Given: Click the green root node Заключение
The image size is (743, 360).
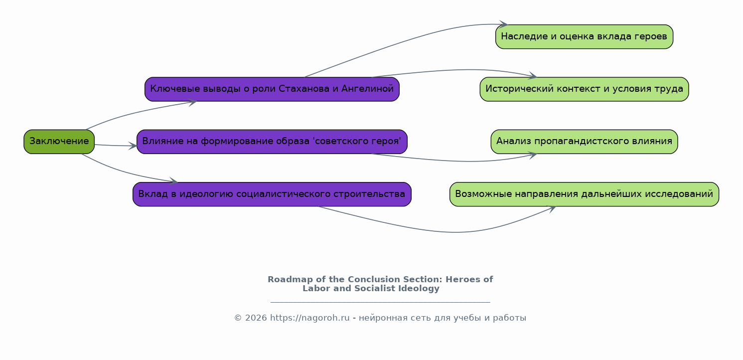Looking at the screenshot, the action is pyautogui.click(x=59, y=142).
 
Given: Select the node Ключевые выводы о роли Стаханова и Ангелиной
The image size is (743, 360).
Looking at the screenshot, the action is pyautogui.click(x=272, y=89).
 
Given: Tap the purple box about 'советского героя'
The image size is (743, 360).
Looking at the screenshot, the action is pyautogui.click(x=272, y=142).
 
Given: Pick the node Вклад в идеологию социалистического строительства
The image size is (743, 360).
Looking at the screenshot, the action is pyautogui.click(x=272, y=194).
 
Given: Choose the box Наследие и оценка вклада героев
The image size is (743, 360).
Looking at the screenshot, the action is pyautogui.click(x=584, y=36).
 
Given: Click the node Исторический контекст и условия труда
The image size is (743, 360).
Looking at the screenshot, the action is pyautogui.click(x=584, y=89).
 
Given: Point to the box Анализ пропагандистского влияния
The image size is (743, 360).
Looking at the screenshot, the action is pyautogui.click(x=584, y=142).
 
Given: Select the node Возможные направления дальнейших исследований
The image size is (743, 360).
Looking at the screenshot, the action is pyautogui.click(x=584, y=194).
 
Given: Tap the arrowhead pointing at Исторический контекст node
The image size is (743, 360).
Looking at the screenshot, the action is pyautogui.click(x=532, y=76).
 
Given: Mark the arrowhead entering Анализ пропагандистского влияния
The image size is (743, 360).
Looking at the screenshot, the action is pyautogui.click(x=532, y=155).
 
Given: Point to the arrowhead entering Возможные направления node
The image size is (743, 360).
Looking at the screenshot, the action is pyautogui.click(x=551, y=209).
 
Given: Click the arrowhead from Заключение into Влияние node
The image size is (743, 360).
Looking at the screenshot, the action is pyautogui.click(x=133, y=146).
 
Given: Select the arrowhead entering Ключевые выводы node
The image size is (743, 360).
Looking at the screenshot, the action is pyautogui.click(x=193, y=103).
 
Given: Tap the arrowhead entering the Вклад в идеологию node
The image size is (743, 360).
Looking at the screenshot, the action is pyautogui.click(x=173, y=181).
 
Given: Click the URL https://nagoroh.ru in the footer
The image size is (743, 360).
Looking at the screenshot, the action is pyautogui.click(x=310, y=318).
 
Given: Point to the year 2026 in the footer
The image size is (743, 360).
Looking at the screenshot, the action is pyautogui.click(x=256, y=318).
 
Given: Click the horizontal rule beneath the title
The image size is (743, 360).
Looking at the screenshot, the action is pyautogui.click(x=380, y=302).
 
